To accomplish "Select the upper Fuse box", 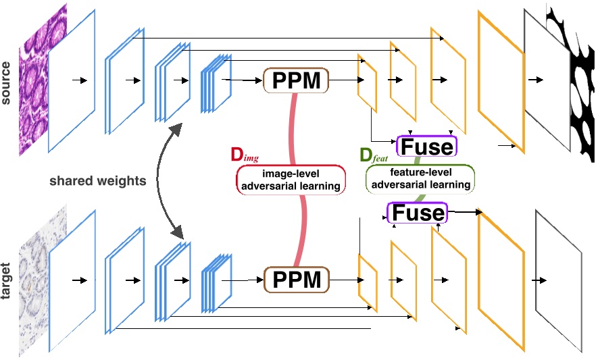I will [x=428, y=146].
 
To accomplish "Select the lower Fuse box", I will [x=417, y=213].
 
